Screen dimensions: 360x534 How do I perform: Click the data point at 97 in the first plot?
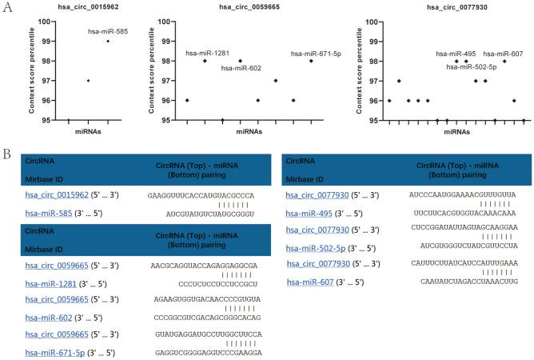(88, 81)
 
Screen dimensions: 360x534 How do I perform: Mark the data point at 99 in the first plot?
(108, 41)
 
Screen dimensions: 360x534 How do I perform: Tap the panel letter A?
(6, 6)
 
